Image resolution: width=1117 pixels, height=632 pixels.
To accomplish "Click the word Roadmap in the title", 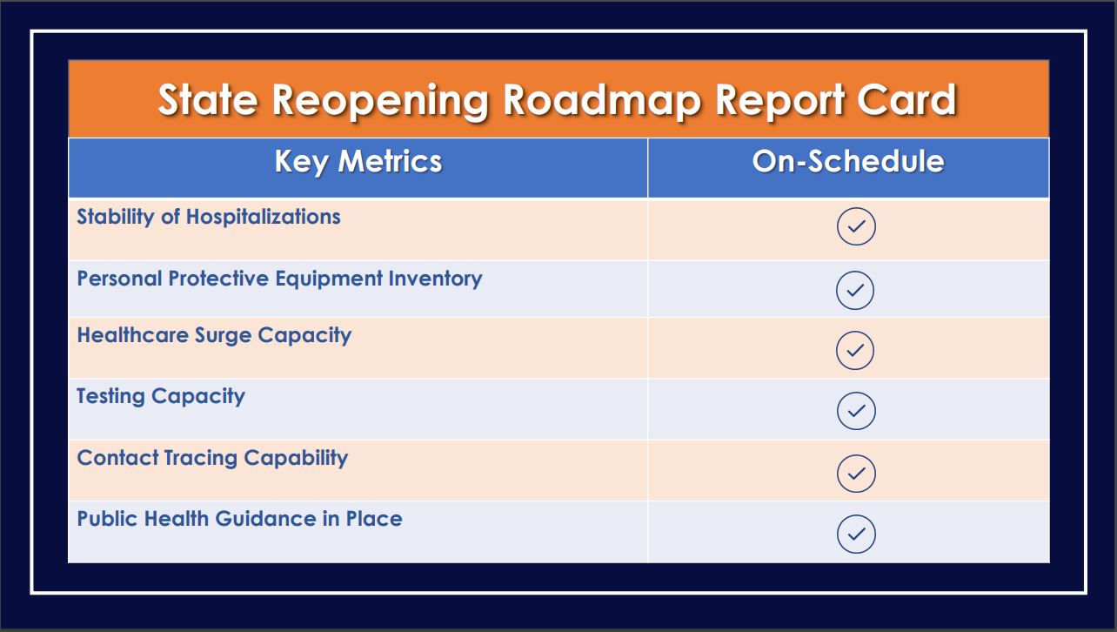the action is (602, 100).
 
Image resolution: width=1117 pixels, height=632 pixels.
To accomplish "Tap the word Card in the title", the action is (906, 99).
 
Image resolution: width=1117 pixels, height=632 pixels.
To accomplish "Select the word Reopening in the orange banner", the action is (380, 101).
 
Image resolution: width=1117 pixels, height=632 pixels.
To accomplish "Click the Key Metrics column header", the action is (358, 162).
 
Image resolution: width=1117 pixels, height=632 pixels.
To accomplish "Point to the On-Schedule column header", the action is (847, 162).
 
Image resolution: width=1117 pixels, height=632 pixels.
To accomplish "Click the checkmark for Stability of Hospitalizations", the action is (856, 226).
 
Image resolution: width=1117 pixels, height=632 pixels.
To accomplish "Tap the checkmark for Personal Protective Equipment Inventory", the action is (855, 290).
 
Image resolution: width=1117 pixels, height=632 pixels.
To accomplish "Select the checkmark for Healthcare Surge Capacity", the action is (855, 350).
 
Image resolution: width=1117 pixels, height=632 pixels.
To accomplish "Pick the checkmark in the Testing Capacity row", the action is (856, 411).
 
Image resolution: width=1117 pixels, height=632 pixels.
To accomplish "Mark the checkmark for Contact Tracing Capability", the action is (856, 474).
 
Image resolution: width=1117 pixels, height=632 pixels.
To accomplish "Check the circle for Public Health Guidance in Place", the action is (856, 535).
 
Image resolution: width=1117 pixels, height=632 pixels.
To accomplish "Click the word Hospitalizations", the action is (264, 218).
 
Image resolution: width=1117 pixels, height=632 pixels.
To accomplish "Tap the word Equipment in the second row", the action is (329, 279).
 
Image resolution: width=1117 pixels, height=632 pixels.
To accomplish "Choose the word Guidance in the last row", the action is (265, 519).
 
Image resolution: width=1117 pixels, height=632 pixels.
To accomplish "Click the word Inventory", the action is (435, 279).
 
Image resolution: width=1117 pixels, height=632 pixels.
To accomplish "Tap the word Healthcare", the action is (132, 335).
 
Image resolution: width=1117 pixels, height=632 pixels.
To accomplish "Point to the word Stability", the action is (115, 218).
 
